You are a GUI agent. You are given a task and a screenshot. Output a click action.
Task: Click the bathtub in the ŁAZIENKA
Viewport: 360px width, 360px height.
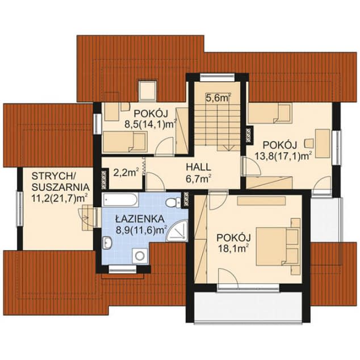click(x=120, y=200)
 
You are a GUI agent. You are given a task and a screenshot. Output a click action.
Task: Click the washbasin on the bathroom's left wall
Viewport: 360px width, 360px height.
click(x=107, y=242)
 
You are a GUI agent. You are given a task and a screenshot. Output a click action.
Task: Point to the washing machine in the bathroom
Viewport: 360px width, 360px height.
click(x=140, y=256)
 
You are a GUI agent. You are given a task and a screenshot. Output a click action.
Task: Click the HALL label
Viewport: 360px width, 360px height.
click(x=198, y=167)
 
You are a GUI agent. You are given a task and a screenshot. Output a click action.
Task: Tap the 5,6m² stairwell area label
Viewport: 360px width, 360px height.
click(x=218, y=98)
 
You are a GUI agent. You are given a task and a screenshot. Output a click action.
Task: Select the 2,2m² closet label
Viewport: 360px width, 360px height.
click(x=127, y=173)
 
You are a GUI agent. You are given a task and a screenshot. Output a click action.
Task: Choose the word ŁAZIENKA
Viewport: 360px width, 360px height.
click(x=140, y=219)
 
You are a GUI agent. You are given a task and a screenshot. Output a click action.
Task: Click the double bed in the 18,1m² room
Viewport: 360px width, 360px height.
click(x=278, y=246)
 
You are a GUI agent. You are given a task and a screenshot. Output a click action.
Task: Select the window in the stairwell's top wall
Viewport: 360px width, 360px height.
click(x=217, y=77)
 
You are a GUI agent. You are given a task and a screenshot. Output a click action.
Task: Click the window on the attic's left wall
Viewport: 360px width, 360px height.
click(x=20, y=209)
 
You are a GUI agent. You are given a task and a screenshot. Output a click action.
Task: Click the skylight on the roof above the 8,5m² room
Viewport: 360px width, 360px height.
click(x=148, y=90)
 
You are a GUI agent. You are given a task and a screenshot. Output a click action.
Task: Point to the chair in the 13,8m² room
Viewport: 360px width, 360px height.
click(x=309, y=143)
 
